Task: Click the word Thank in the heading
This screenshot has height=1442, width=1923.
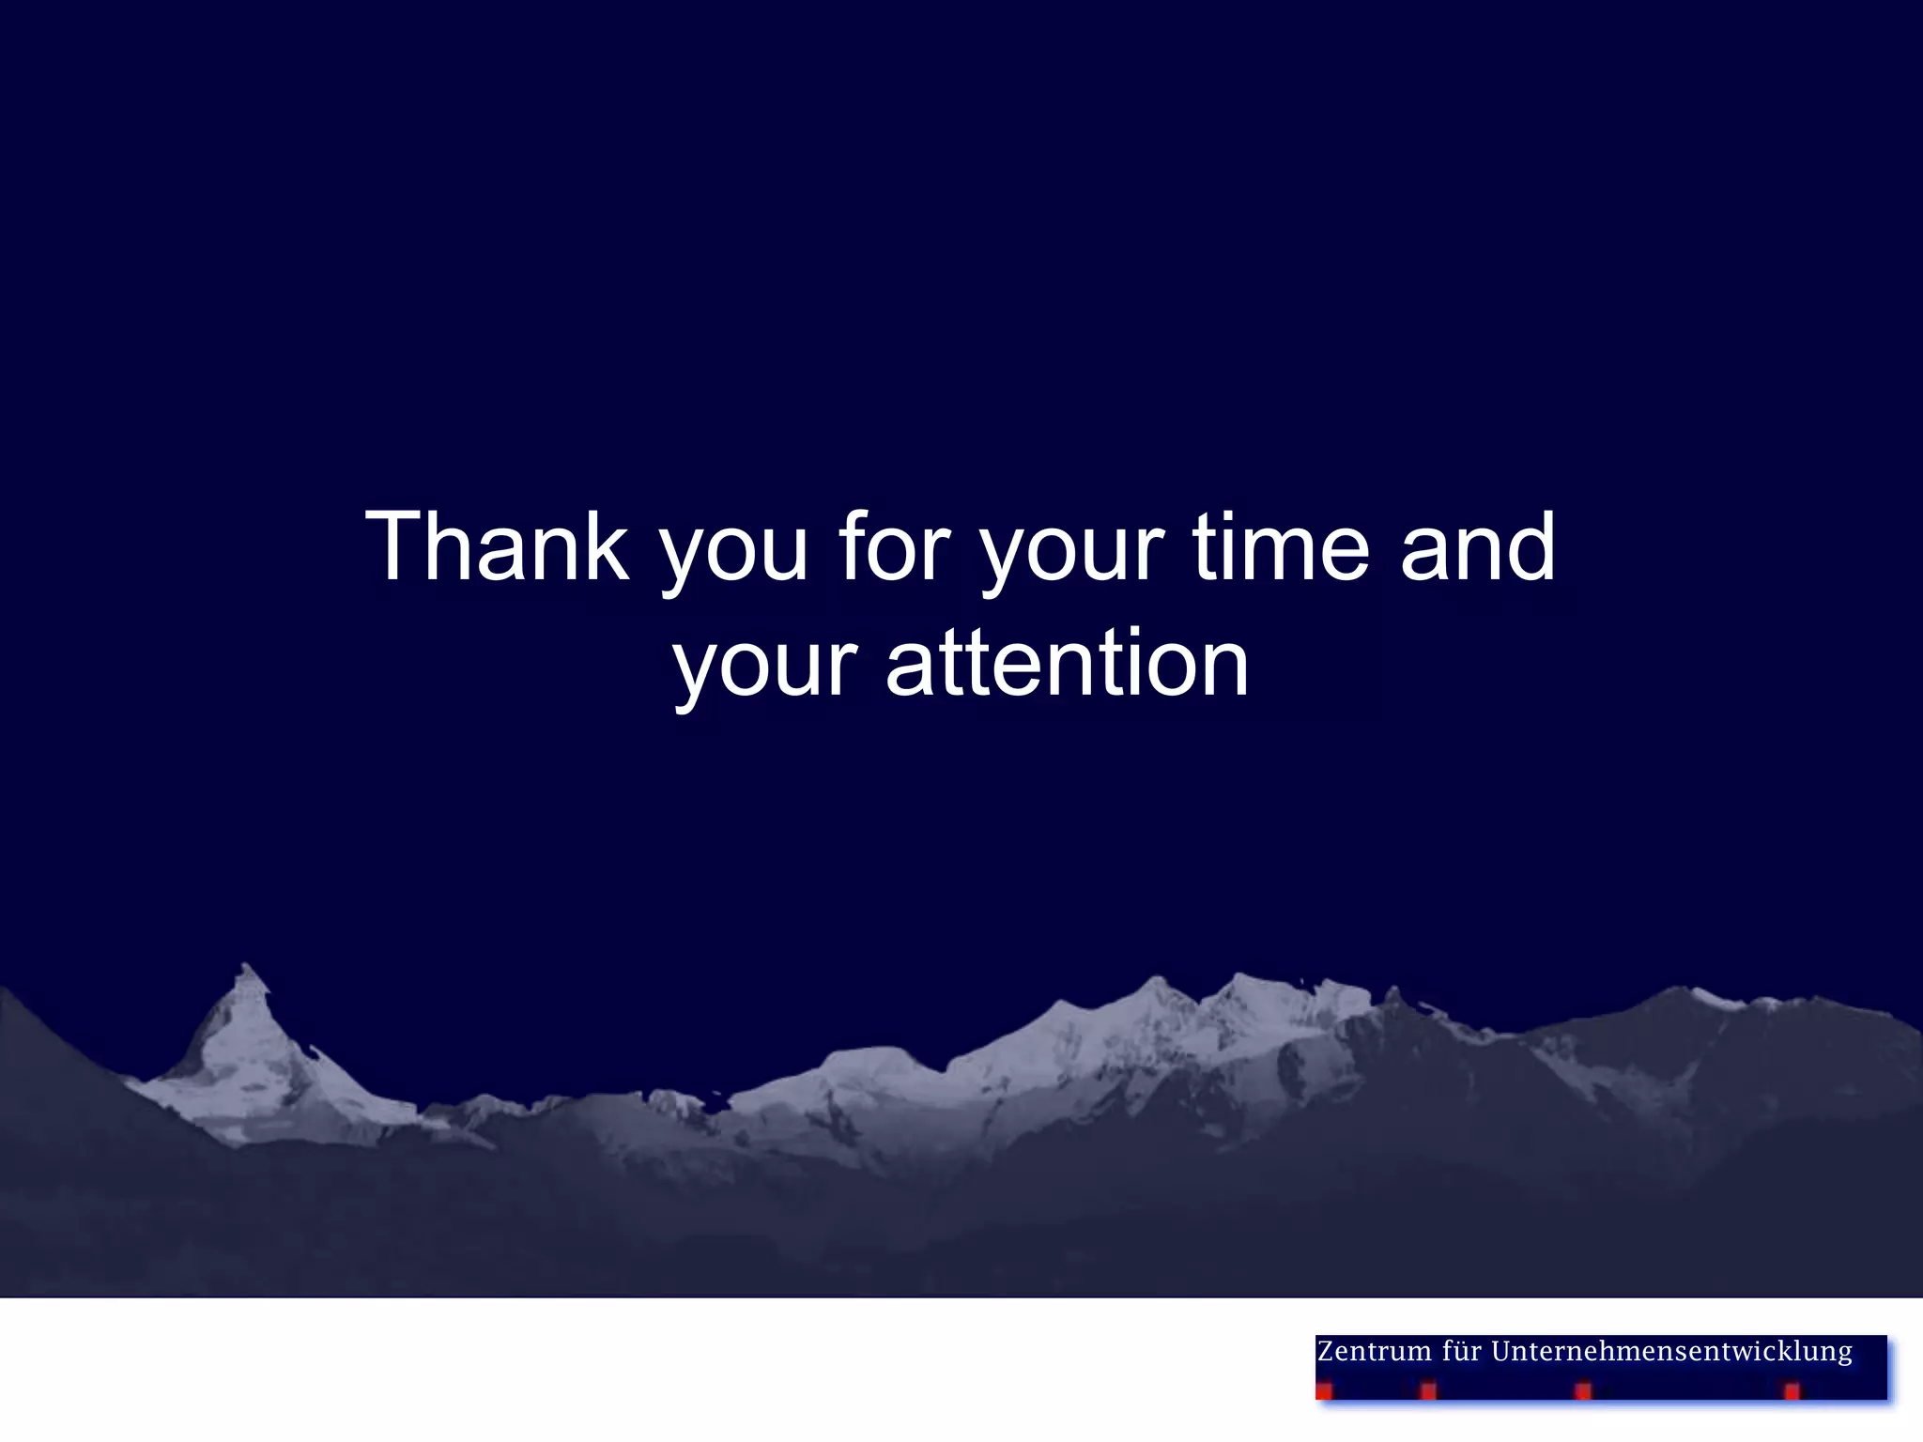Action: pos(497,546)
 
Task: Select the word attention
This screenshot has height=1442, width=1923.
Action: pos(1067,663)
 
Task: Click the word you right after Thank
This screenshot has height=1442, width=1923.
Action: pos(733,554)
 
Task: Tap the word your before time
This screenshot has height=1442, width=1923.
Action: pos(1071,554)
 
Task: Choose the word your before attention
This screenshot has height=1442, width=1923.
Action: pos(765,670)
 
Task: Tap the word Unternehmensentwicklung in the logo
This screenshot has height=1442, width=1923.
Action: pos(1671,1352)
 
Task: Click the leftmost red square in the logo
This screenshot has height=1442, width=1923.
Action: pos(1324,1390)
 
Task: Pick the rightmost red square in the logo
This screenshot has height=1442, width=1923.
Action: pos(1792,1390)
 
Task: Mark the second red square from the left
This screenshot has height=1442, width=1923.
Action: pos(1428,1390)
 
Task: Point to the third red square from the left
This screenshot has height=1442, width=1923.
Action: pos(1583,1390)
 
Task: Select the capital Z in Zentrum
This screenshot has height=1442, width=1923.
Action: pos(1327,1352)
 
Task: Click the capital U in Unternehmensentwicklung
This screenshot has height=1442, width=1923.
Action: pos(1501,1352)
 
